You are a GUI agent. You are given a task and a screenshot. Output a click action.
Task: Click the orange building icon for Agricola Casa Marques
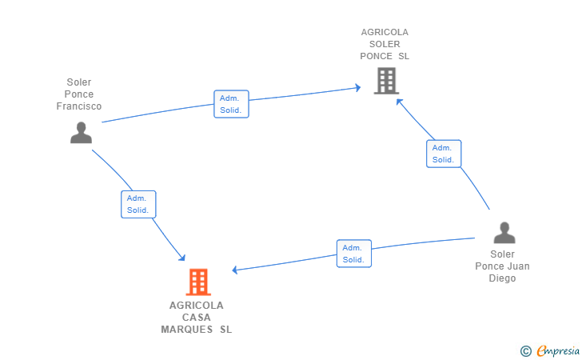pyautogui.click(x=198, y=282)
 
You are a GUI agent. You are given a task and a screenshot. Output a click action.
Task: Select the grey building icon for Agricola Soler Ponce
pyautogui.click(x=386, y=81)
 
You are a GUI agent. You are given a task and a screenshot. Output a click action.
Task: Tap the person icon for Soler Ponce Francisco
pyautogui.click(x=81, y=133)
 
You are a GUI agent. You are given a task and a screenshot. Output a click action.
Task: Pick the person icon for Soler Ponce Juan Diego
pyautogui.click(x=504, y=233)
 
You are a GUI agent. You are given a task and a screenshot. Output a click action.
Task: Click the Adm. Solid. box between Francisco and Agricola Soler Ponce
pyautogui.click(x=231, y=104)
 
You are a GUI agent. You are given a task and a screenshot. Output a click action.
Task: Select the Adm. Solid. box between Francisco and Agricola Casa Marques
pyautogui.click(x=138, y=204)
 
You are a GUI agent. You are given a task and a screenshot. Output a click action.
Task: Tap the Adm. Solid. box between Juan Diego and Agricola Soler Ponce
pyautogui.click(x=444, y=154)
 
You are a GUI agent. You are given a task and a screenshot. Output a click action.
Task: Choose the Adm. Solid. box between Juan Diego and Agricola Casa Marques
pyautogui.click(x=354, y=254)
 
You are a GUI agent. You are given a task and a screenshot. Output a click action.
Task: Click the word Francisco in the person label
pyautogui.click(x=78, y=106)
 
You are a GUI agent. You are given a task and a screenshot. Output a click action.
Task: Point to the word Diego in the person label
pyautogui.click(x=502, y=278)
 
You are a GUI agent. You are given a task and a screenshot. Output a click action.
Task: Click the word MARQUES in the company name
pyautogui.click(x=187, y=330)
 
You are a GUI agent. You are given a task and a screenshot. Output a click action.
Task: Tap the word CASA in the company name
pyautogui.click(x=197, y=318)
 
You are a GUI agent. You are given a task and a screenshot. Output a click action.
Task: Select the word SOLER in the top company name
pyautogui.click(x=385, y=44)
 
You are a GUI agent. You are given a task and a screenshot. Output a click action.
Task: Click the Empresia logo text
pyautogui.click(x=558, y=350)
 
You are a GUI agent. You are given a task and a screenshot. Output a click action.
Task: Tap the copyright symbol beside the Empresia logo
pyautogui.click(x=526, y=351)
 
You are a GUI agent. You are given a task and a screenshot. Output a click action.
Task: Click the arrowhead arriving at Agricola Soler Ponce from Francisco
pyautogui.click(x=358, y=88)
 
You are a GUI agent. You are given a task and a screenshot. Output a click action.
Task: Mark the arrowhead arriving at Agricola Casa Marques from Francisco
pyautogui.click(x=182, y=258)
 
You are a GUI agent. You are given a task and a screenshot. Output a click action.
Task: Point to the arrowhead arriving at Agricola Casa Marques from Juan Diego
pyautogui.click(x=235, y=270)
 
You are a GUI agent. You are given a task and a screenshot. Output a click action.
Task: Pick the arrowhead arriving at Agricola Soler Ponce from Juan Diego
pyautogui.click(x=399, y=102)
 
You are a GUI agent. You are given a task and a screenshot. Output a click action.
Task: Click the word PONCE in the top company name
pyautogui.click(x=376, y=56)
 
